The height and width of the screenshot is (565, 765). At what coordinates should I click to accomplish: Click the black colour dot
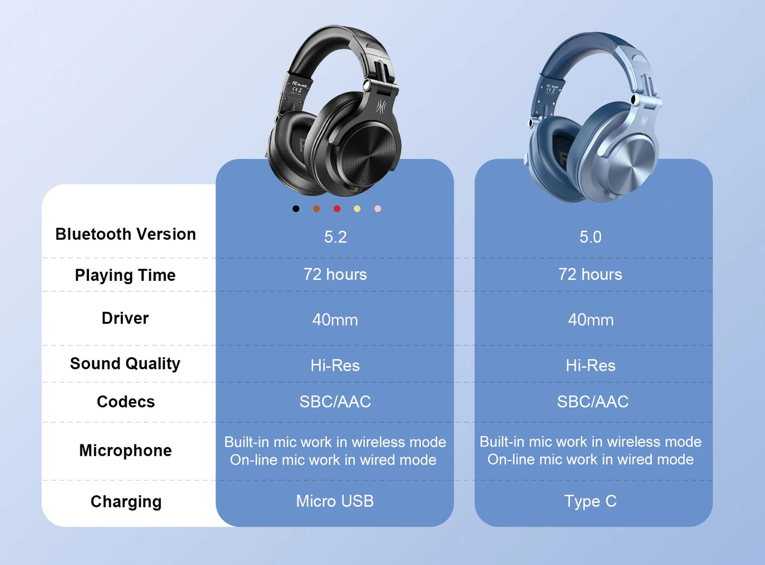click(296, 209)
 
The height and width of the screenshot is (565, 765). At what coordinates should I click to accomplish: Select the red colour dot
click(337, 209)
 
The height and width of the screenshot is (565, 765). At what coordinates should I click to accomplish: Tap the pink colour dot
click(377, 209)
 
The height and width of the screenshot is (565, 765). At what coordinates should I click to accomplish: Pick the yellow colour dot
click(357, 209)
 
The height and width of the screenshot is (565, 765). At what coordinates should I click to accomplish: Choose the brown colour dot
click(317, 209)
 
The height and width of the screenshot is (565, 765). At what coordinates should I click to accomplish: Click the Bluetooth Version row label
click(125, 234)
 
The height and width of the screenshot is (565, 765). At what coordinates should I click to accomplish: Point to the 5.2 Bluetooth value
click(335, 237)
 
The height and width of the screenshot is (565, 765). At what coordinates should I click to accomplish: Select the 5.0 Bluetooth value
click(590, 237)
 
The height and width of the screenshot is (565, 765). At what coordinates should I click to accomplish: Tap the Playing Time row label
click(125, 275)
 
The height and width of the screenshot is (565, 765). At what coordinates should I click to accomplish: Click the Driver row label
click(125, 318)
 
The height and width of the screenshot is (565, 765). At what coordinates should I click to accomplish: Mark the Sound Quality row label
click(125, 363)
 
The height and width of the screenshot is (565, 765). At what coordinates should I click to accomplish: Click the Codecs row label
click(125, 402)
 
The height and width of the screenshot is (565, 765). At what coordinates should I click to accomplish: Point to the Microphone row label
click(125, 450)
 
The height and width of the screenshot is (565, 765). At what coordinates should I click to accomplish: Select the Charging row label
click(126, 502)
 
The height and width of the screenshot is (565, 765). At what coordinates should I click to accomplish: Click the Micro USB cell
click(335, 501)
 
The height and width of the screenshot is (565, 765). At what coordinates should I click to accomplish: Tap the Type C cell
click(590, 501)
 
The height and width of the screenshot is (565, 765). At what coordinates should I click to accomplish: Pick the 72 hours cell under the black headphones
click(335, 274)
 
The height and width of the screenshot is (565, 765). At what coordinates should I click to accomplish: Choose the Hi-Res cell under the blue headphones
click(590, 365)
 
